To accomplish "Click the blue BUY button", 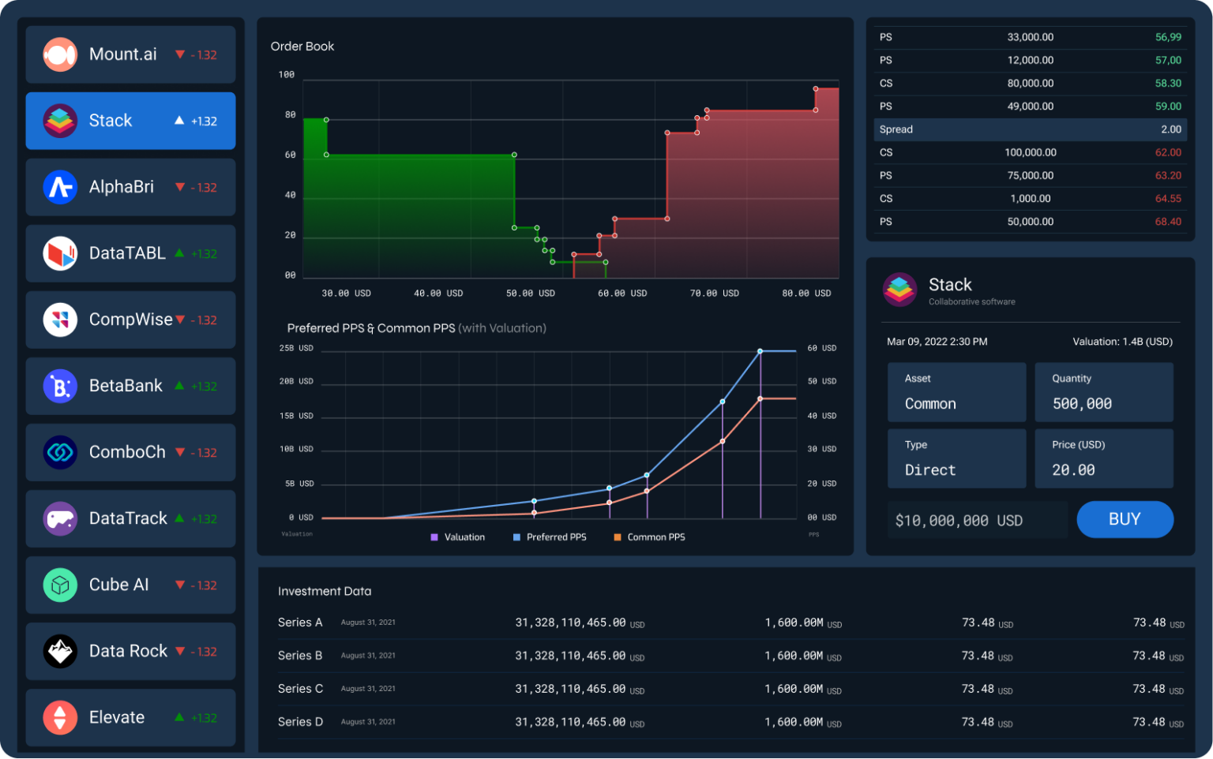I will pyautogui.click(x=1125, y=519).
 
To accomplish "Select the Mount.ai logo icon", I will pyautogui.click(x=60, y=54).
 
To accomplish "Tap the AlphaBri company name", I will pyautogui.click(x=121, y=187).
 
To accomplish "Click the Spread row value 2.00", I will pyautogui.click(x=1170, y=129).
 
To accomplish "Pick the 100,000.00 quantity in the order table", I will pyautogui.click(x=1030, y=152).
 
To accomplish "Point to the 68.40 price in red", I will pyautogui.click(x=1167, y=222).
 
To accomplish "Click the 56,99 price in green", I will pyautogui.click(x=1167, y=37).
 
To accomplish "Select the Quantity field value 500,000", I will pyautogui.click(x=1081, y=404).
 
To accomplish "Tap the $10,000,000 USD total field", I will pyautogui.click(x=959, y=521).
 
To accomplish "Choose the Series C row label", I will pyautogui.click(x=300, y=689).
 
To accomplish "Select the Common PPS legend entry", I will pyautogui.click(x=655, y=537).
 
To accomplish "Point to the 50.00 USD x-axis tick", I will pyautogui.click(x=530, y=294).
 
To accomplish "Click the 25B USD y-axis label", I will pyautogui.click(x=296, y=348).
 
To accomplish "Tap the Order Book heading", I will pyautogui.click(x=302, y=47).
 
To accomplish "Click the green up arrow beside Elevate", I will pyautogui.click(x=179, y=717).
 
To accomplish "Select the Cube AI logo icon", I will pyautogui.click(x=60, y=585).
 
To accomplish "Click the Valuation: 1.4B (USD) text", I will pyautogui.click(x=1121, y=342).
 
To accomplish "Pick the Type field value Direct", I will pyautogui.click(x=929, y=470).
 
